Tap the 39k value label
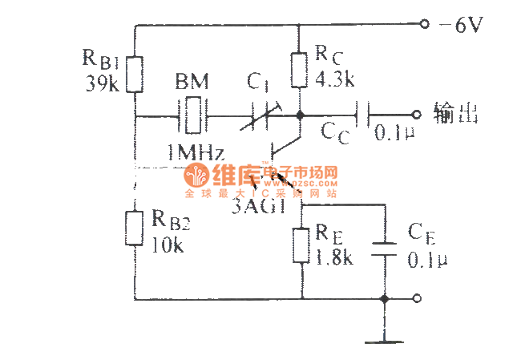click(x=102, y=82)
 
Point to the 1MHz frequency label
click(x=195, y=152)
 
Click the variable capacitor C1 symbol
click(x=257, y=115)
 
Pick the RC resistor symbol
click(x=298, y=71)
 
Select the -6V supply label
click(x=460, y=26)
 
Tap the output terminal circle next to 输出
click(x=415, y=115)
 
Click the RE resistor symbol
click(x=301, y=245)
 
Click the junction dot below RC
click(x=299, y=115)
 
